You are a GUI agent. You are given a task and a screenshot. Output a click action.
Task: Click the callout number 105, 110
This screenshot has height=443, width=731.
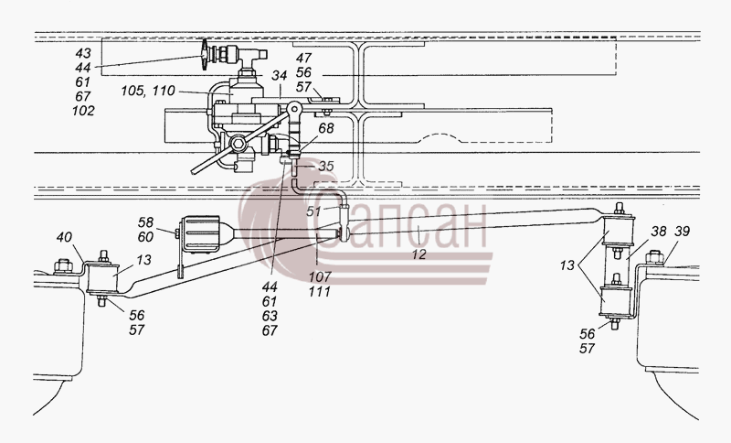pos(148,90)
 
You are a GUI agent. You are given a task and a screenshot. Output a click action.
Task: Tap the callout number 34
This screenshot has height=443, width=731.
pos(280,75)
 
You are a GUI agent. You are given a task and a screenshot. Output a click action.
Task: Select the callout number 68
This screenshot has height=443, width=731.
pos(326,128)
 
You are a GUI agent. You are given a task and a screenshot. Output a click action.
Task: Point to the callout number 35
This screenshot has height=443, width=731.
pos(326,166)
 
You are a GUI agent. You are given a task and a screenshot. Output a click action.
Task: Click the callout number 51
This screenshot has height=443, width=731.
pos(313,211)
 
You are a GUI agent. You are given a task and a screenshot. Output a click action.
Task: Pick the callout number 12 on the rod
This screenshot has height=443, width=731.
pos(419,254)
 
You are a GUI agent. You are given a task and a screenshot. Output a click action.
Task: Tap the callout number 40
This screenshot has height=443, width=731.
pos(64,237)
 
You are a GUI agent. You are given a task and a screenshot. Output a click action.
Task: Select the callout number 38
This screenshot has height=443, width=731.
pos(659,231)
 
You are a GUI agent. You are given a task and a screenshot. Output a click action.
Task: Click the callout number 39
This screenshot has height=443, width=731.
pos(682,231)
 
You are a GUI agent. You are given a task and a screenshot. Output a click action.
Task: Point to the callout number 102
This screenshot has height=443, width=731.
pos(83,111)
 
